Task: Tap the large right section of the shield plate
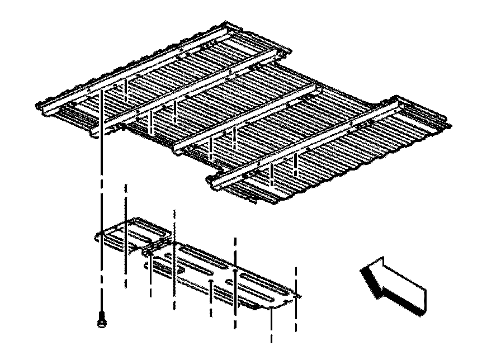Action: [x=224, y=274]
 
